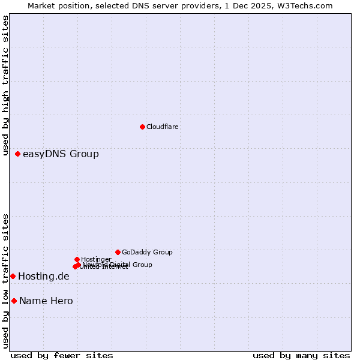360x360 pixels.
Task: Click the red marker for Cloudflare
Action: coord(142,127)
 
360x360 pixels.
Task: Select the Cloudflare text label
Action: coord(163,127)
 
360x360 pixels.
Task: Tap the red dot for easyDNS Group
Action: coord(18,154)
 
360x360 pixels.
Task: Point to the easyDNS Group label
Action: coord(61,154)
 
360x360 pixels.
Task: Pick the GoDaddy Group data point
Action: coord(118,252)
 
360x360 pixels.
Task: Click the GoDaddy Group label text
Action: coord(147,252)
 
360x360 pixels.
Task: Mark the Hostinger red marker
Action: coord(77,259)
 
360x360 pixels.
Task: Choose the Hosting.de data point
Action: coord(13,276)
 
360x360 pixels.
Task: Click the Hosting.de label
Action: coord(44,277)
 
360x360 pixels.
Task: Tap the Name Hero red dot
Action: coord(14,301)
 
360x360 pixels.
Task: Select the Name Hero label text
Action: coord(46,301)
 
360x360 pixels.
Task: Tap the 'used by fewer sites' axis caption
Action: coord(62,355)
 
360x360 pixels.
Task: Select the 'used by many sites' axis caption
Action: coord(301,355)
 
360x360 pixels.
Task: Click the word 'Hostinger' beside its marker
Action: coord(96,259)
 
